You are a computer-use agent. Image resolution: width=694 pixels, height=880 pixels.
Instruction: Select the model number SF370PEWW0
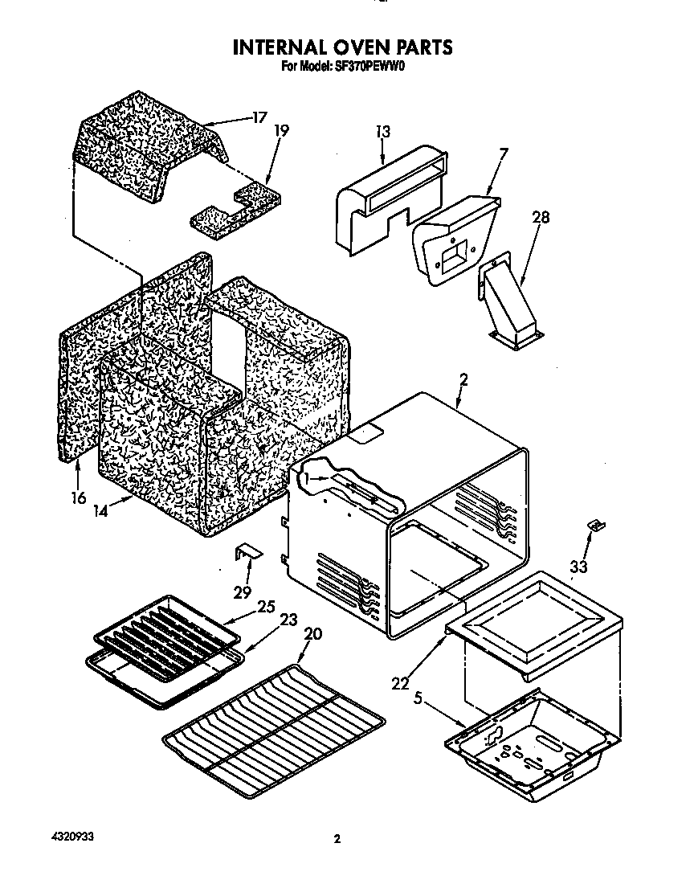[368, 68]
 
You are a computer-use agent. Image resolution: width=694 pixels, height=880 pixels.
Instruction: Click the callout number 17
[258, 117]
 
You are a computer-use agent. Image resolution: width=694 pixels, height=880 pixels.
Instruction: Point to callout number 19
[281, 130]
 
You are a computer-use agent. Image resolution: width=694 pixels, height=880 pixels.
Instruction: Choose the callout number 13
[382, 132]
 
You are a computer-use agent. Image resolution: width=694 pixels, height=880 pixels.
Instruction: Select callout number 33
[578, 567]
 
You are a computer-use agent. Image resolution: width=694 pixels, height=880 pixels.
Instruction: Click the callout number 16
[78, 498]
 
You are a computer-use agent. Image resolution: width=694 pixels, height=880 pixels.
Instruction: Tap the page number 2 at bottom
[337, 841]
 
